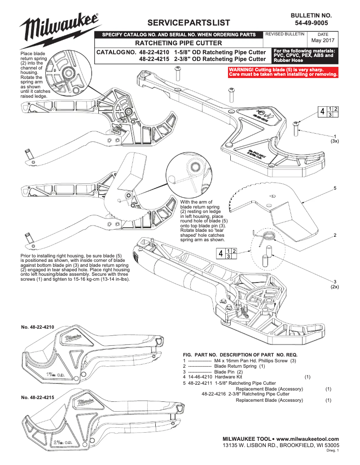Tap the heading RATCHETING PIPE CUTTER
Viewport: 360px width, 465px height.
[x=179, y=43]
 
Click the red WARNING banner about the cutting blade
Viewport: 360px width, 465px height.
[x=283, y=71]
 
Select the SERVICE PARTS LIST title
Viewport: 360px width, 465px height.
[x=185, y=23]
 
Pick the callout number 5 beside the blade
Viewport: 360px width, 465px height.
[x=335, y=187]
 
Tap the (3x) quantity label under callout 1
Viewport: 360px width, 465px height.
[x=334, y=141]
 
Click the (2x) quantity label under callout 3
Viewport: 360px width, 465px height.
[x=334, y=286]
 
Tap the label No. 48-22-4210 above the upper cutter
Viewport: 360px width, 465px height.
[x=38, y=328]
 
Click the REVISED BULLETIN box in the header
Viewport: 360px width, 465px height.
[x=285, y=34]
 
